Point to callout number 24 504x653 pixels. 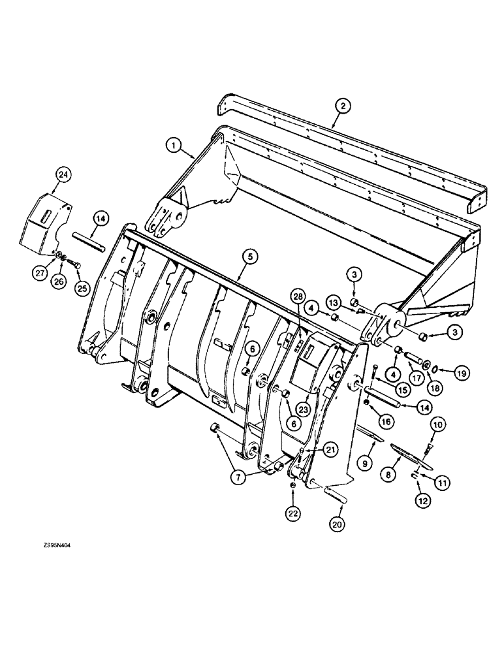[x=63, y=175]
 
